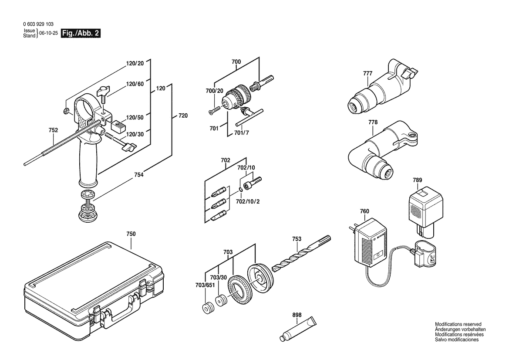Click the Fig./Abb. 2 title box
[81, 34]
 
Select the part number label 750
[131, 234]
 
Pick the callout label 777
[367, 73]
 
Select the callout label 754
[139, 175]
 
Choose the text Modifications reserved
[458, 324]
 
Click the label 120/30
[135, 134]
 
